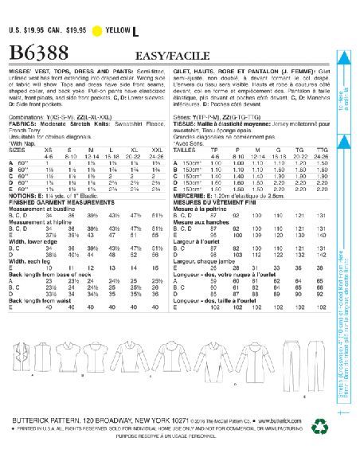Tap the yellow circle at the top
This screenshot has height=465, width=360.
click(x=99, y=31)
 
